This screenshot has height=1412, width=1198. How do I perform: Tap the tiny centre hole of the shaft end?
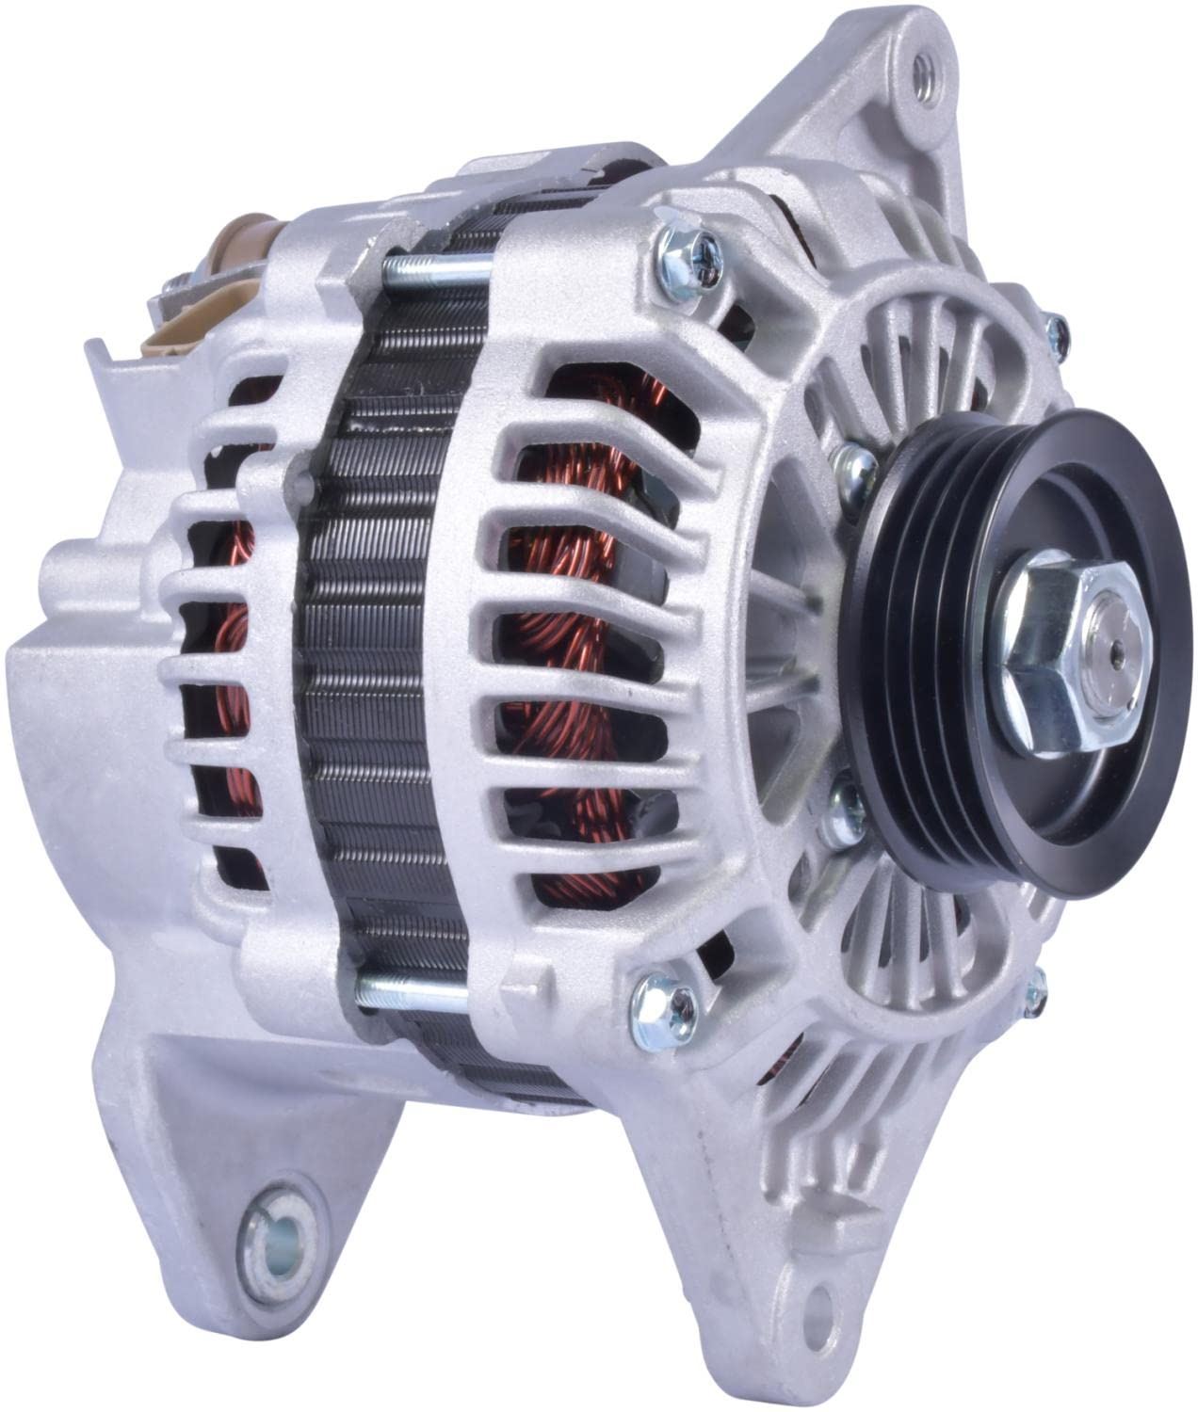1114,648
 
